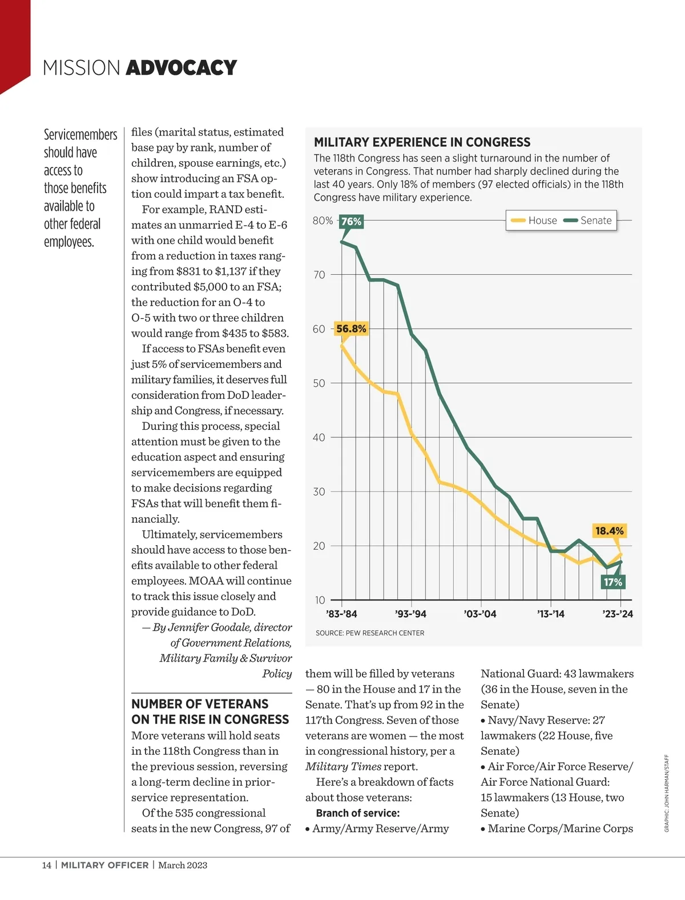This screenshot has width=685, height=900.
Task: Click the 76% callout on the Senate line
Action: click(x=351, y=222)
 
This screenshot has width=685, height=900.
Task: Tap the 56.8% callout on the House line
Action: click(x=351, y=329)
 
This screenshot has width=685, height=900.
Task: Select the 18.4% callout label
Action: click(x=610, y=531)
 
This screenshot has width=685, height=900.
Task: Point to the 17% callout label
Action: click(x=613, y=582)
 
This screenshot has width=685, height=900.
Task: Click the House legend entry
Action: click(x=534, y=221)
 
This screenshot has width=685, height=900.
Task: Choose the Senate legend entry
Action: click(x=588, y=221)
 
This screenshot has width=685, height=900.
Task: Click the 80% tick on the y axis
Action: click(x=323, y=221)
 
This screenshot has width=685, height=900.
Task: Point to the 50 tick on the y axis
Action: click(x=319, y=383)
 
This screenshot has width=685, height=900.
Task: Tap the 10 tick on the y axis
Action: click(x=320, y=600)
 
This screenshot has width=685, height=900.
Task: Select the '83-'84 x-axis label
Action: click(x=341, y=614)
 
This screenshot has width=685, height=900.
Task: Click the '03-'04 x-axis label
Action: click(x=480, y=614)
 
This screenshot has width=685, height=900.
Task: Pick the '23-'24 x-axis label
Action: click(x=618, y=614)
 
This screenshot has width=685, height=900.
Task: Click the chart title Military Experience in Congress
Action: click(x=422, y=142)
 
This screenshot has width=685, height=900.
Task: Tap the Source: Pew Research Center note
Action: click(x=370, y=633)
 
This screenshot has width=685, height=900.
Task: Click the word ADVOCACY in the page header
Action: click(x=181, y=68)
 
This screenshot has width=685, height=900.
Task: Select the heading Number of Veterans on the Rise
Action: click(x=210, y=711)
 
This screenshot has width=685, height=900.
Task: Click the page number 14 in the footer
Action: click(x=46, y=865)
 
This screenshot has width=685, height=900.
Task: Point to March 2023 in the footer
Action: click(x=183, y=865)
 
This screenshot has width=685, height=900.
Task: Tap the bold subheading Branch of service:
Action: click(x=358, y=813)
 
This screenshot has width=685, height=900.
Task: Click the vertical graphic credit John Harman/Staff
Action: click(x=666, y=793)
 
